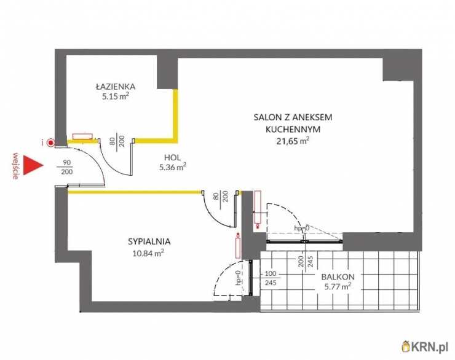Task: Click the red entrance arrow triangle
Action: (x=32, y=165)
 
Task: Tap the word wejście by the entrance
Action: (x=16, y=166)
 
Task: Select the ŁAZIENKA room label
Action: (x=116, y=87)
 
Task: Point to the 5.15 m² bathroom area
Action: (x=115, y=96)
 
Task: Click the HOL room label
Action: (x=172, y=158)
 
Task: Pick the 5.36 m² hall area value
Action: (x=172, y=167)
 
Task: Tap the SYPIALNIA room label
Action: (x=149, y=241)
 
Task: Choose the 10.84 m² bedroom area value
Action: (x=148, y=253)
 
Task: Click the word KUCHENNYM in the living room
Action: (x=293, y=129)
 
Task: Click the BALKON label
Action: (x=338, y=277)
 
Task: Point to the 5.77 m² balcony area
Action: (x=338, y=287)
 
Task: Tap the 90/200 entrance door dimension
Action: (x=67, y=167)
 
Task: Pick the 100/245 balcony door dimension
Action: (x=271, y=278)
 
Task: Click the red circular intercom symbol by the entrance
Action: (x=51, y=143)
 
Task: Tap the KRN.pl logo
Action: (x=425, y=346)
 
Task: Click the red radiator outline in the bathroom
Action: (x=83, y=136)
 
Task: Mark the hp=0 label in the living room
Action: (x=302, y=228)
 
